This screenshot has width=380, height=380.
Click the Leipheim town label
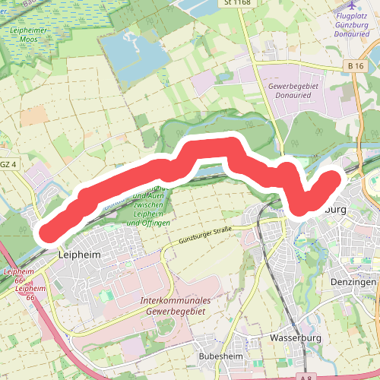pos(79,256)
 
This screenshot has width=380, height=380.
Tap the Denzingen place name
pos(354,282)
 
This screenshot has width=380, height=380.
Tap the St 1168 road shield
pos(237,3)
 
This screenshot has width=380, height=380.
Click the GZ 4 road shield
pos(8,163)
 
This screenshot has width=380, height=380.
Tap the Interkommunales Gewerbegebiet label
pos(175,306)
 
